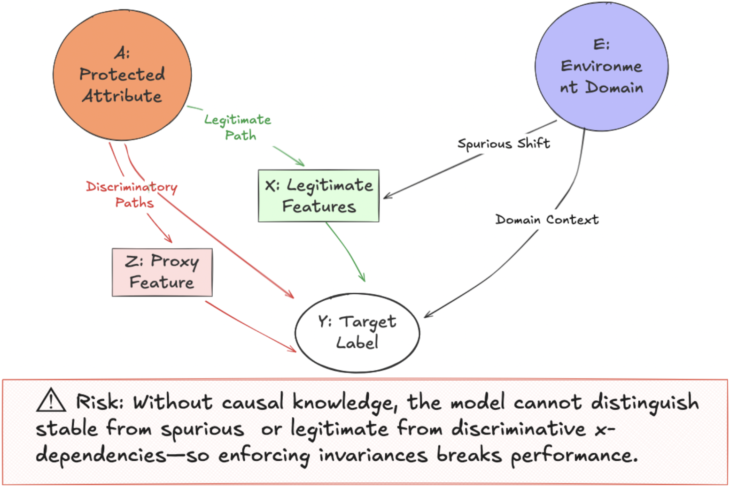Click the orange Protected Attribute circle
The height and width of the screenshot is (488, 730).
[x=122, y=75]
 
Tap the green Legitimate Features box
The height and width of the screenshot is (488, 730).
[x=318, y=196]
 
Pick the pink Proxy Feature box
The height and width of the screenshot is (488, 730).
[x=162, y=272]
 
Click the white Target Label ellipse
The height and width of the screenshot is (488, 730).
[x=357, y=333]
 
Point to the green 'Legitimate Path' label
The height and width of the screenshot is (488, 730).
[x=238, y=127]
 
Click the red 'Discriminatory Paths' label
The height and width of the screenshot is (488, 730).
[x=132, y=194]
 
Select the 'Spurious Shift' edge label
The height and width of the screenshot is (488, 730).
[x=504, y=143]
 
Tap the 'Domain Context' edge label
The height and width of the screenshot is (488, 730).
[x=547, y=219]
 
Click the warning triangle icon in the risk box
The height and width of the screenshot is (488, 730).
[x=51, y=402]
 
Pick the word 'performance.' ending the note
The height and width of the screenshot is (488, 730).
[x=574, y=455]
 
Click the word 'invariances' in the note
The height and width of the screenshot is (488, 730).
[x=373, y=455]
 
